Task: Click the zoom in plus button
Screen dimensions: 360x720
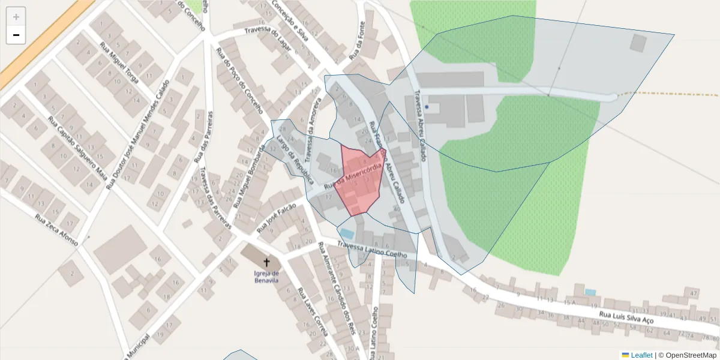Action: click(16, 17)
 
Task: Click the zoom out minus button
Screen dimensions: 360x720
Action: click(16, 35)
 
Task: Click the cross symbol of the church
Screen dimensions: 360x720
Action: click(267, 262)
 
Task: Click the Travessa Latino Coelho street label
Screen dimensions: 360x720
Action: click(376, 250)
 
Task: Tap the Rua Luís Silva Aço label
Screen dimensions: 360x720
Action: click(627, 317)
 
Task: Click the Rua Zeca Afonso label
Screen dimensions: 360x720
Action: click(56, 230)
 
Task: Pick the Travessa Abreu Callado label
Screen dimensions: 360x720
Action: click(419, 127)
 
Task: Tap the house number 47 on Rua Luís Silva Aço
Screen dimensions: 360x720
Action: click(695, 293)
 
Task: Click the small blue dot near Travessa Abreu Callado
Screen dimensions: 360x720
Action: click(427, 107)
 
